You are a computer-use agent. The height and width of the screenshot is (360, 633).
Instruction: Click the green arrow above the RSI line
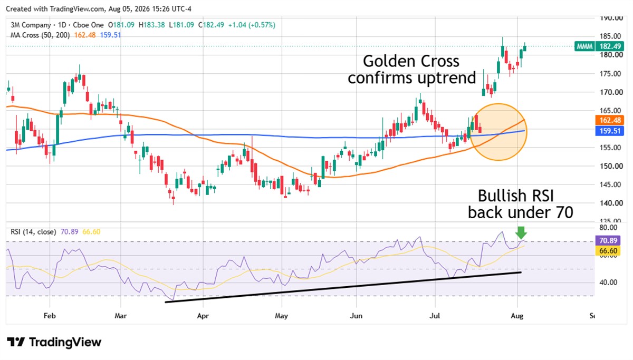521,232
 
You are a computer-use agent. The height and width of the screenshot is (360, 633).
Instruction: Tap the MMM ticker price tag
599,46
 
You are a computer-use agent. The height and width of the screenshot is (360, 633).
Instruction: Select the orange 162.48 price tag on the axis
610,120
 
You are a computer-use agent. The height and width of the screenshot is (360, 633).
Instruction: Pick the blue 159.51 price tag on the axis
610,131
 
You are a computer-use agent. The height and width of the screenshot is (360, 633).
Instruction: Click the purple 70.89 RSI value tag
608,240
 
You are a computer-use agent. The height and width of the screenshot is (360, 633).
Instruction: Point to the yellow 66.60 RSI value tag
608,251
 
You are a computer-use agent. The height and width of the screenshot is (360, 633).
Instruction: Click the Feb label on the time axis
50,316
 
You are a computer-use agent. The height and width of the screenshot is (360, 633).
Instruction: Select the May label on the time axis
281,316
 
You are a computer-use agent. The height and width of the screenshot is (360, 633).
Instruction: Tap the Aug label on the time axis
517,316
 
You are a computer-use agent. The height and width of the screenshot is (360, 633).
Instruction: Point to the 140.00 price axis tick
611,203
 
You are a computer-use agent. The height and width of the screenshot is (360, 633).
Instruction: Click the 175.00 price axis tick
610,74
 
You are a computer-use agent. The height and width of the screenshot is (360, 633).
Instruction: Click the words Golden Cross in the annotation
411,61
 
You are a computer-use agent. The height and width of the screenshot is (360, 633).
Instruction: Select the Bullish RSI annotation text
516,196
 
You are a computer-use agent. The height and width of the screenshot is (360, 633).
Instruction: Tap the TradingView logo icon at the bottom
16,342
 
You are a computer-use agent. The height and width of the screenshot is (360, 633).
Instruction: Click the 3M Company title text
31,25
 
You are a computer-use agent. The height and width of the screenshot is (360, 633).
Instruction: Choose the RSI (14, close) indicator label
33,232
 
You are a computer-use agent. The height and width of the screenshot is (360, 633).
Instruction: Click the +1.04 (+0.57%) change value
252,25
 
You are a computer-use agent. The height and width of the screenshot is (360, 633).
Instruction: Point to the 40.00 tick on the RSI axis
608,283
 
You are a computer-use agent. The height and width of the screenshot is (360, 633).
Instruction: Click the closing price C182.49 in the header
211,25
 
